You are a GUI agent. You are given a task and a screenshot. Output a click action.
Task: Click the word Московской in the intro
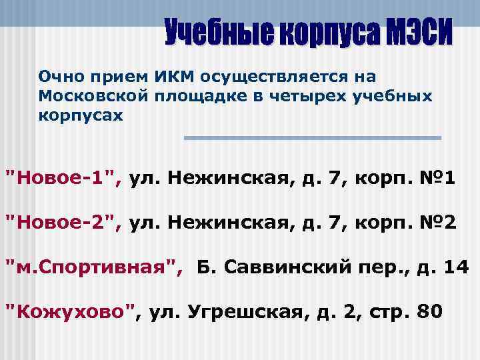(93, 97)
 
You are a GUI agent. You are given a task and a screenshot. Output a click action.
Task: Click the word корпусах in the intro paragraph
(81, 115)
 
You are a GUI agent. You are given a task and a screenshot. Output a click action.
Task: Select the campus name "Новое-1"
(64, 178)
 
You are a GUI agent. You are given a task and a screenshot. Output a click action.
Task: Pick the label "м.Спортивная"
(94, 267)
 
